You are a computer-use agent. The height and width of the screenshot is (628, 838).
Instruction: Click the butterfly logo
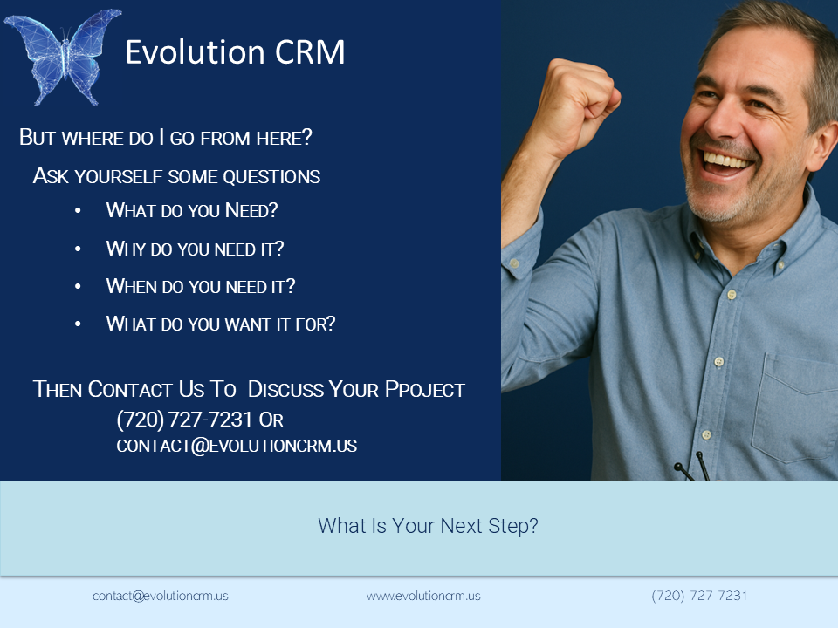[63, 56]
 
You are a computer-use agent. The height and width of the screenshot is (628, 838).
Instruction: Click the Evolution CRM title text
[235, 52]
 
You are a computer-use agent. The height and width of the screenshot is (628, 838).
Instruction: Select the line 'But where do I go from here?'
[166, 137]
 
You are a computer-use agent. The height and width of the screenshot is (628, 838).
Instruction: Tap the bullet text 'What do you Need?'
[192, 210]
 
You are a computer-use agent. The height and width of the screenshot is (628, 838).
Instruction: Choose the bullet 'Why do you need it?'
[195, 249]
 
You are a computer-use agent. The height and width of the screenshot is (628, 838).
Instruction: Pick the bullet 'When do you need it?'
[201, 286]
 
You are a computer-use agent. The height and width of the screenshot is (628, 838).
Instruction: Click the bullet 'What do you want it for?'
[221, 324]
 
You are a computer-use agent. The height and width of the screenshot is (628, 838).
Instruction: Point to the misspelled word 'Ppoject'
[425, 389]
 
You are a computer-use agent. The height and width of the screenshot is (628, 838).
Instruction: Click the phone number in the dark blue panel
[184, 420]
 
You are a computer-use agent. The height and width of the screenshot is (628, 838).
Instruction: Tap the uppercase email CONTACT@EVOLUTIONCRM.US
[237, 446]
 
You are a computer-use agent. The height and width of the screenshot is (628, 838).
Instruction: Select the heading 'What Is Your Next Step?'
[428, 526]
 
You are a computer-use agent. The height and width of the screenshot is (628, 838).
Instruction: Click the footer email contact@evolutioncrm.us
[161, 596]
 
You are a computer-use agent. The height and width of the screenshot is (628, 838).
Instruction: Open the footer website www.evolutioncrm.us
[423, 596]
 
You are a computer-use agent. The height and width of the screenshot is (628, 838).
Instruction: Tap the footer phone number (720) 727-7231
[699, 596]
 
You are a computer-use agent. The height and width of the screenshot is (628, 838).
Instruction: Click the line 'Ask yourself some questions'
[176, 175]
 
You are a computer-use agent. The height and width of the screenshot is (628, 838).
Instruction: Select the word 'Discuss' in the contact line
[286, 389]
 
